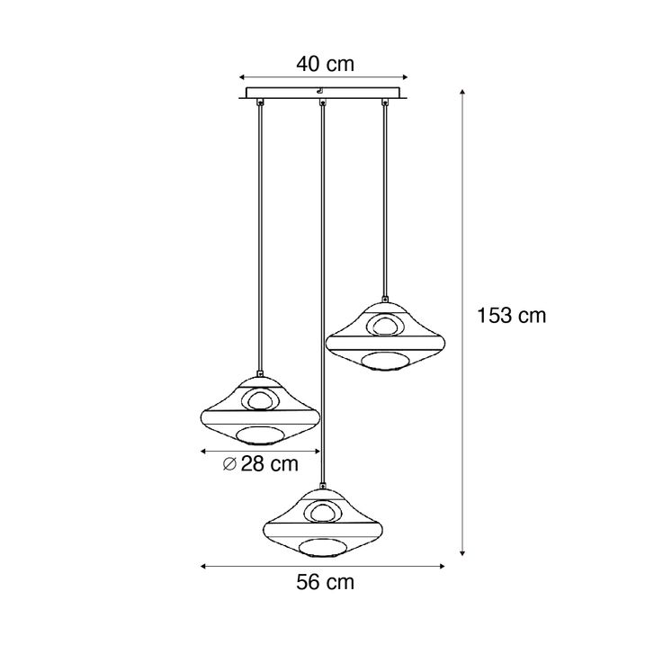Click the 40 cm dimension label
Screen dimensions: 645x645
(x=325, y=64)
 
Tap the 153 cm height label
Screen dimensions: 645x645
(x=511, y=316)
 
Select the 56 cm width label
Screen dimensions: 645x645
(x=325, y=582)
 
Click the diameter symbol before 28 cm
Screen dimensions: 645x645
(x=229, y=464)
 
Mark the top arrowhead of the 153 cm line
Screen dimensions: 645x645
(x=462, y=92)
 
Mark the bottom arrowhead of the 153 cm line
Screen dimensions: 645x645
(x=462, y=553)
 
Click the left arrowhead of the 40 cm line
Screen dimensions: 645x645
(x=242, y=77)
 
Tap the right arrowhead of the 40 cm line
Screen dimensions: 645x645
(x=405, y=77)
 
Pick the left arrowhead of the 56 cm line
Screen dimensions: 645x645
(x=203, y=567)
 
